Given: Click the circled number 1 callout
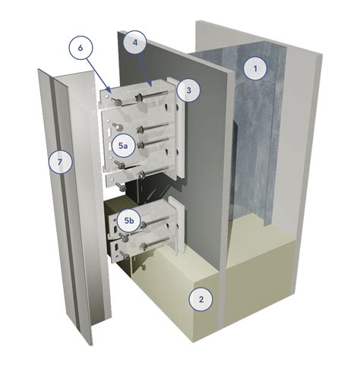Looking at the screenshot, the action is tap(255, 68).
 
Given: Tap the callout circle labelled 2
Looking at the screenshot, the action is tap(201, 299).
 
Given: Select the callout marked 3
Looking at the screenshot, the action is tap(188, 90).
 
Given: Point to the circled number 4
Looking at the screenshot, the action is tap(135, 43).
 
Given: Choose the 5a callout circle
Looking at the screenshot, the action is tap(123, 146).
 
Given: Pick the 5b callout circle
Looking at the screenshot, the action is tap(129, 220).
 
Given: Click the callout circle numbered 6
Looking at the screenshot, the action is tap(81, 48).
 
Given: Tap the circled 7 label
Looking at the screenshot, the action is tap(60, 162).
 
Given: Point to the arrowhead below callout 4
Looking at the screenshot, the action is tap(151, 84).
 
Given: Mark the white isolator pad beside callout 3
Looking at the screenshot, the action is tap(179, 127).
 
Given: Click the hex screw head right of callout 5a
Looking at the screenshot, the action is tap(139, 145).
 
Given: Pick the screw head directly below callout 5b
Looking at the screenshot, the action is tap(124, 237).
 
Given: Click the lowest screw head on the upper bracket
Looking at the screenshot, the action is tap(118, 187).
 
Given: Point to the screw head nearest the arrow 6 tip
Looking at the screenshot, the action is tap(116, 103).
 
